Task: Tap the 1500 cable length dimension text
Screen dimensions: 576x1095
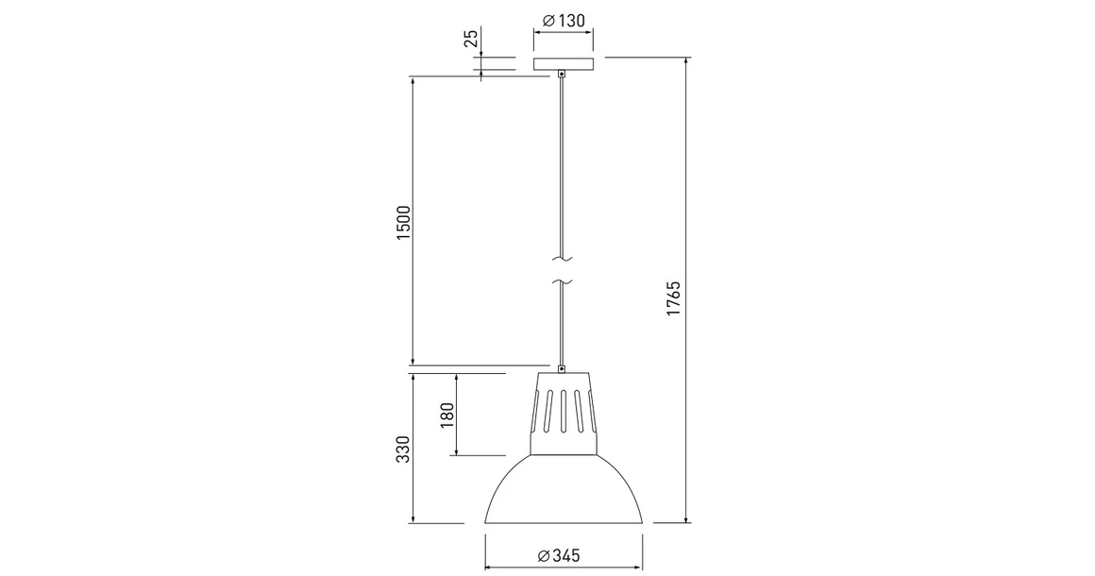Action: click(404, 222)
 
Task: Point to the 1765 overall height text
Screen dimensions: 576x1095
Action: click(673, 297)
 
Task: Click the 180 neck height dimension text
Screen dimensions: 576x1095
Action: click(447, 414)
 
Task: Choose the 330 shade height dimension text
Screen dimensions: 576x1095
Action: click(403, 449)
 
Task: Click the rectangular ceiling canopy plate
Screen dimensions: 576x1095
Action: click(563, 64)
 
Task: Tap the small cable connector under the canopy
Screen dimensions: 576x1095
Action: click(563, 74)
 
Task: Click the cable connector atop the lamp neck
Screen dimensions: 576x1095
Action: click(563, 368)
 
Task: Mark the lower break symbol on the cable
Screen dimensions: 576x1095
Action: click(563, 280)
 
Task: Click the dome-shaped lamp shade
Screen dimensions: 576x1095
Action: click(564, 491)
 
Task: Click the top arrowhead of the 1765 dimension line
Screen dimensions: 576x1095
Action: click(686, 61)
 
